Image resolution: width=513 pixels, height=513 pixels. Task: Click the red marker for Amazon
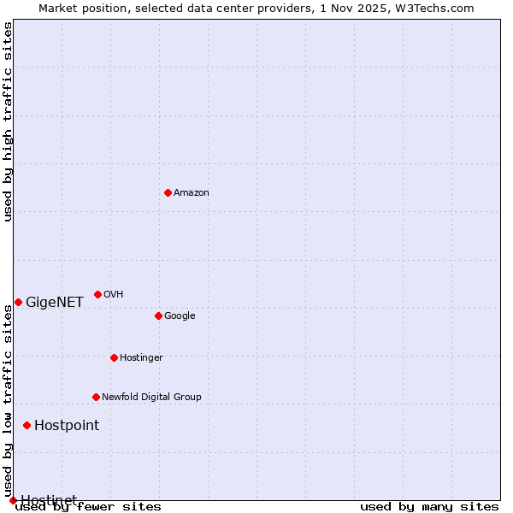tap(168, 192)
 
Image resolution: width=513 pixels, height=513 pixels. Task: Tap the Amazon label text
tap(192, 192)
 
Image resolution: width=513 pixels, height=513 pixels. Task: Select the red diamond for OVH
tap(97, 294)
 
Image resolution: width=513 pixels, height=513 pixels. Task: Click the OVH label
tap(113, 294)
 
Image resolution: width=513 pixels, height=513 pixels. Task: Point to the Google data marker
tap(158, 315)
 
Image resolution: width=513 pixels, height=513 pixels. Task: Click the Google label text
tap(180, 315)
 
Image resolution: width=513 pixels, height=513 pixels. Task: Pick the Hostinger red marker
tap(114, 357)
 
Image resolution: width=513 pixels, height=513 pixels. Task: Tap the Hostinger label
tap(141, 357)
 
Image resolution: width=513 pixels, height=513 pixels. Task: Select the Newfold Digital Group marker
tap(96, 397)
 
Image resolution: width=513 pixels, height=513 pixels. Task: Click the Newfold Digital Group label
tap(151, 397)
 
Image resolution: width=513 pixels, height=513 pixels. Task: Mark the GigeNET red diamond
tap(18, 302)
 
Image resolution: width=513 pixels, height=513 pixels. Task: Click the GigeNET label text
tap(55, 302)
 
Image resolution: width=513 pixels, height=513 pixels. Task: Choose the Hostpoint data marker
tap(27, 425)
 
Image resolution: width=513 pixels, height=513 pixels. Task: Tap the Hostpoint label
tap(67, 425)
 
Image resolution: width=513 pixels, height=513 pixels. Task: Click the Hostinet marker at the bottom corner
tap(13, 500)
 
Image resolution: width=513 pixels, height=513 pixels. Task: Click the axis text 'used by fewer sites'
tap(88, 507)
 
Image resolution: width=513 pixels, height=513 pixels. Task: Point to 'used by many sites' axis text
tap(429, 507)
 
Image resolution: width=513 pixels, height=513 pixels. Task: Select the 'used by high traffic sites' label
tap(8, 121)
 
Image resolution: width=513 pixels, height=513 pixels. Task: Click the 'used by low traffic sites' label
tap(8, 402)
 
